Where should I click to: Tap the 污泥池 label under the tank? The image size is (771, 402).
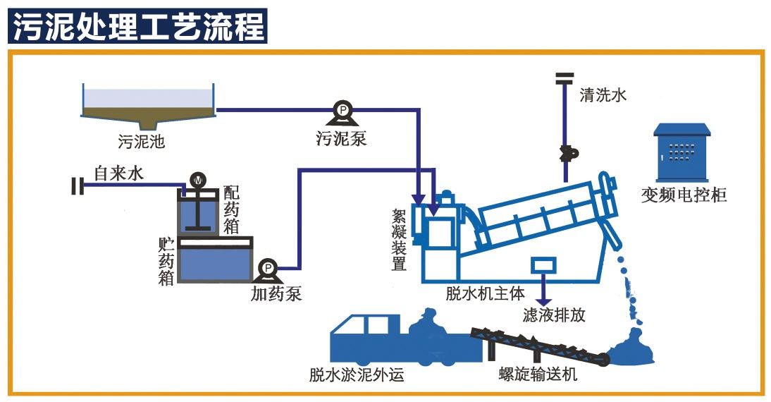tap(142, 141)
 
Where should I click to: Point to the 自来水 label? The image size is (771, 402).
tap(118, 173)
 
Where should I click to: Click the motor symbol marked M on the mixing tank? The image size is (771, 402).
tap(198, 181)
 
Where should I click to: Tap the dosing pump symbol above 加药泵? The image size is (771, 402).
tap(269, 269)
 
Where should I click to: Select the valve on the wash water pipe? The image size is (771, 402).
tap(566, 152)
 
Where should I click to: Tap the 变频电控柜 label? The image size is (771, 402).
tap(684, 195)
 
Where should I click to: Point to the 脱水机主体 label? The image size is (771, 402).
tap(485, 293)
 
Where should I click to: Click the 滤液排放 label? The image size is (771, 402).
tap(554, 315)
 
